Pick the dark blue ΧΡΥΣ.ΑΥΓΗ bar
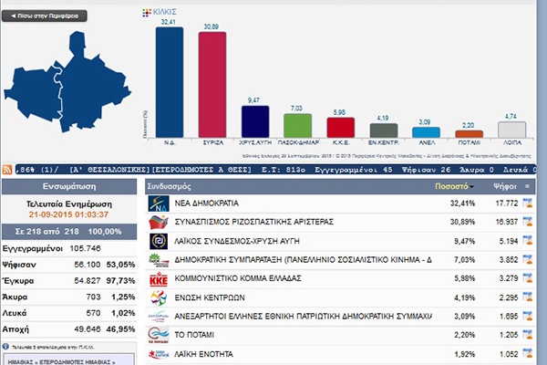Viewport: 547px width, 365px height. tap(254, 120)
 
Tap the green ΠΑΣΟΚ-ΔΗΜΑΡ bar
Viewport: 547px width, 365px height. tap(297, 125)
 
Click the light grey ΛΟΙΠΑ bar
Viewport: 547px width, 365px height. tap(511, 129)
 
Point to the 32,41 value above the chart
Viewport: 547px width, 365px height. tap(169, 19)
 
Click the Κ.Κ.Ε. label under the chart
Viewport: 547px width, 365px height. tap(340, 142)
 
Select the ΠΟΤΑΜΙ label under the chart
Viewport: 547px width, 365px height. tap(469, 142)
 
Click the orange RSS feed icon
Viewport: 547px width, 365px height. tap(7, 169)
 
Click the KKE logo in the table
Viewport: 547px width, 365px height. tap(158, 278)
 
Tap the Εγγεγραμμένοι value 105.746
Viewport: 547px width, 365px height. tap(86, 246)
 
